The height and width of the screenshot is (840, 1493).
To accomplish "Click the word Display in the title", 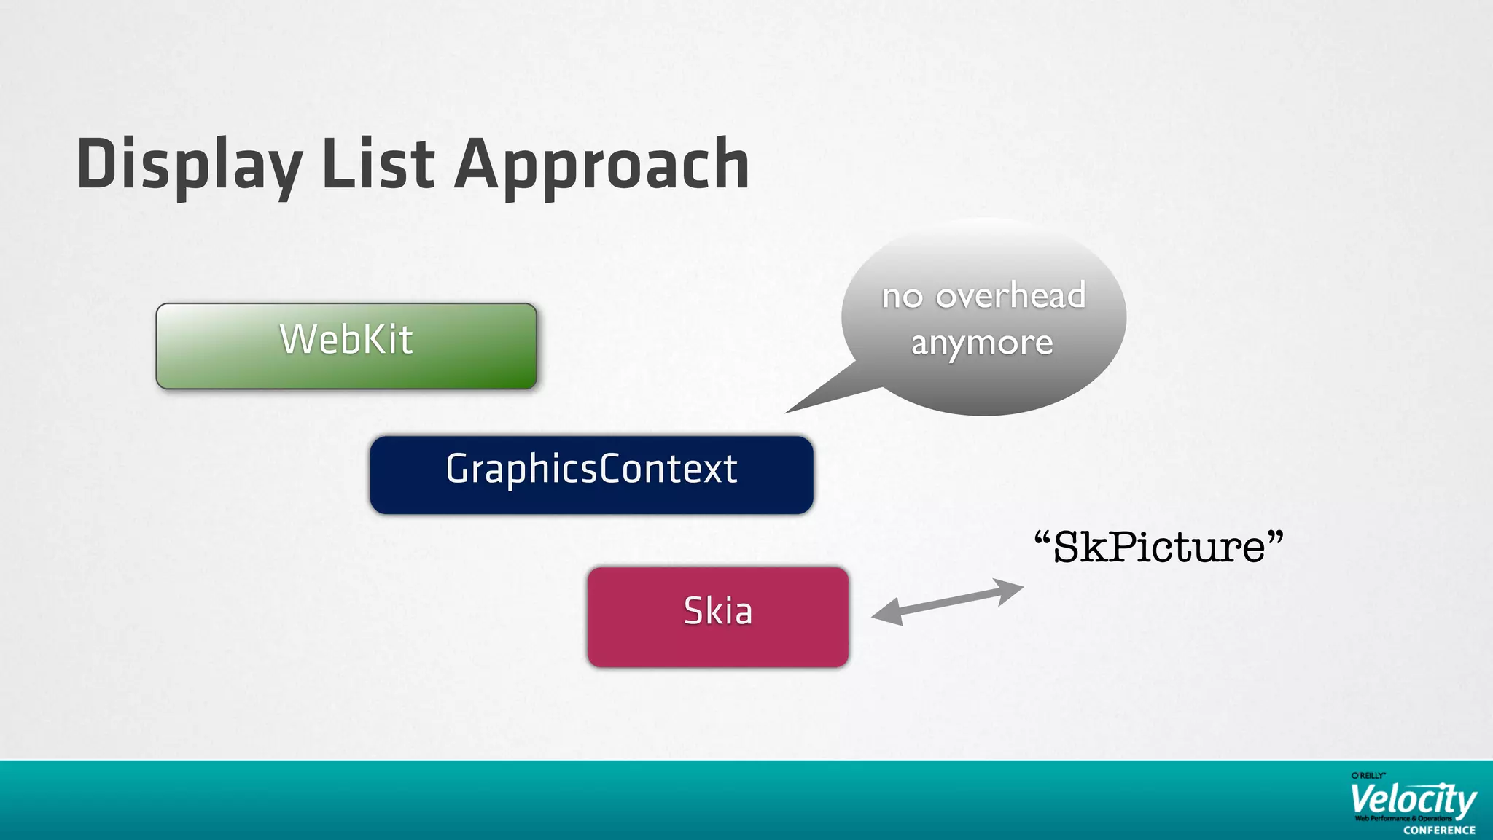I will (x=189, y=165).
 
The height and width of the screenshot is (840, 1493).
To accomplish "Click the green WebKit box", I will (x=346, y=346).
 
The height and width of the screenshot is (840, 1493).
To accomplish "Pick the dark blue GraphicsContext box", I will (x=591, y=475).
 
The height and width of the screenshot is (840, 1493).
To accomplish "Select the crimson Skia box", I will (x=718, y=617).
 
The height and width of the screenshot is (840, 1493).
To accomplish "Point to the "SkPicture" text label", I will (x=1159, y=547).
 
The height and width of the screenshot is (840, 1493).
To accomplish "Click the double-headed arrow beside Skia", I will (x=948, y=602).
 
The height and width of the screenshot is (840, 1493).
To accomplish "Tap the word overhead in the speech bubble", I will (x=1010, y=295).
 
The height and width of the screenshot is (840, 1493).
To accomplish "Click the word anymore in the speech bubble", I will (x=982, y=343).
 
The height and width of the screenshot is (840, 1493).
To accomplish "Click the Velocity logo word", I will (x=1413, y=801).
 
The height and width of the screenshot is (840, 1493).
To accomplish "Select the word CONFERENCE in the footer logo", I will (x=1439, y=831).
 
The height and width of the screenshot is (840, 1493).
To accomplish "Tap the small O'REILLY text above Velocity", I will (x=1368, y=776).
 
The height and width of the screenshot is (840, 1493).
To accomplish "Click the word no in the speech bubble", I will (x=903, y=297).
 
